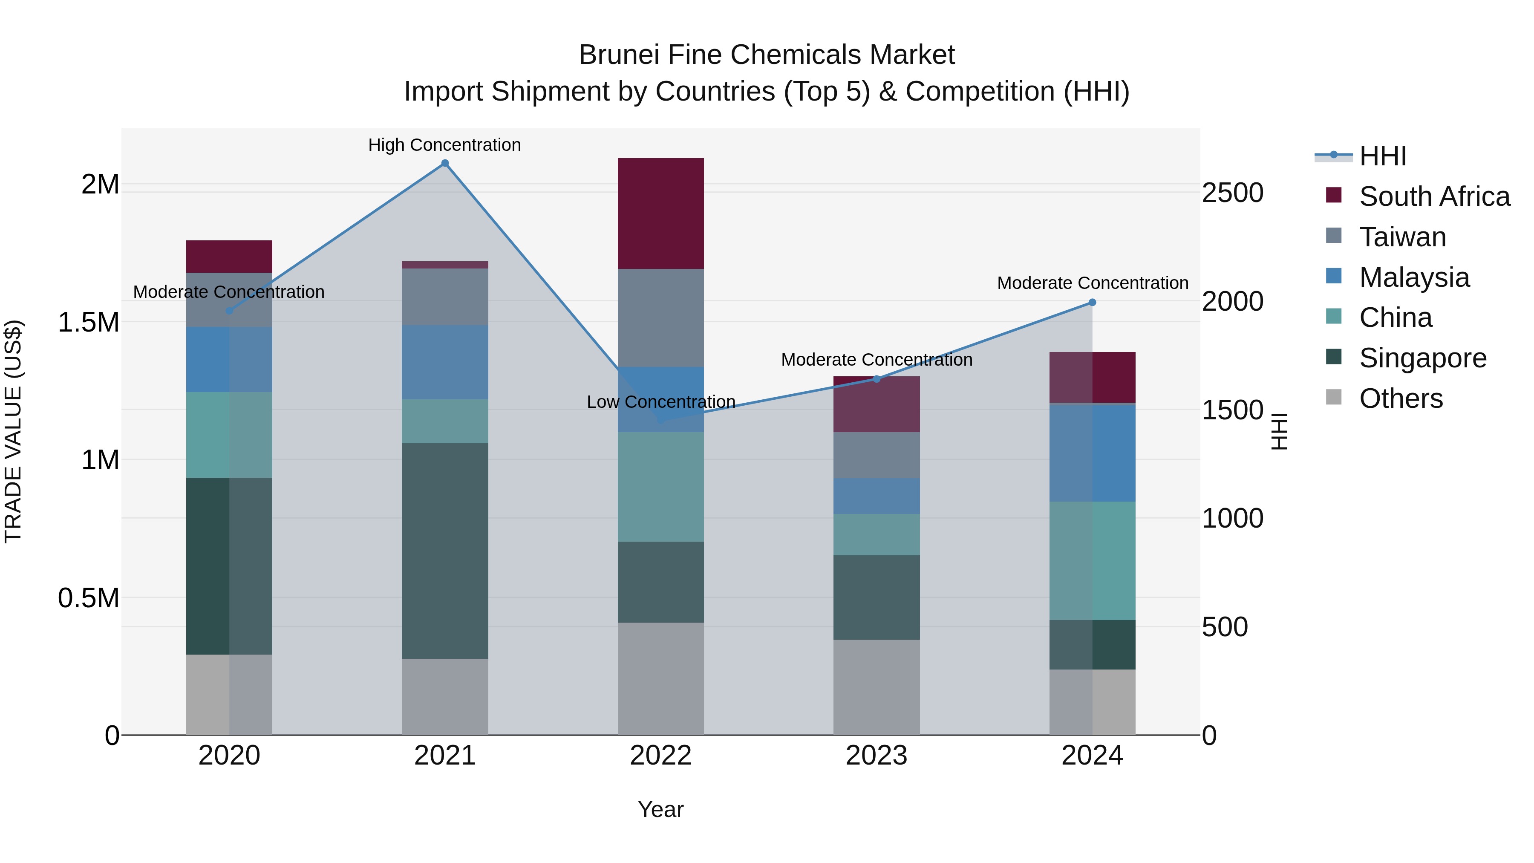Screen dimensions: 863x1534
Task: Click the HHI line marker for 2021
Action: [445, 163]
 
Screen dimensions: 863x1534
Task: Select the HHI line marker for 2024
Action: [1092, 303]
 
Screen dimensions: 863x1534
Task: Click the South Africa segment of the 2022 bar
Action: [660, 213]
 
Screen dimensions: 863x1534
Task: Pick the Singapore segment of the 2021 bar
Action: [445, 551]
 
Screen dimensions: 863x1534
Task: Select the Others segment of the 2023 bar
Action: [876, 687]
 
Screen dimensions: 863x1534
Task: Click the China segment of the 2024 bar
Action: [1092, 560]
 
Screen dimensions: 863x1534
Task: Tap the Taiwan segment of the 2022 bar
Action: [660, 318]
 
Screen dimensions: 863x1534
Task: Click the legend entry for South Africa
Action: [1434, 196]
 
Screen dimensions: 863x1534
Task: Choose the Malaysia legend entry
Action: [1414, 277]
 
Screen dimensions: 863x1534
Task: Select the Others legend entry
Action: [1401, 398]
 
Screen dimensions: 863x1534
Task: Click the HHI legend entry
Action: [1382, 156]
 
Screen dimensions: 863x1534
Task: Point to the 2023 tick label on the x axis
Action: [876, 756]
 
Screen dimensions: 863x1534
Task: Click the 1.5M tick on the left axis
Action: [89, 322]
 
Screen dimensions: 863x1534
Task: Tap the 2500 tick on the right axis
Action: [1232, 193]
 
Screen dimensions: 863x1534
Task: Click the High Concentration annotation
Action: [444, 145]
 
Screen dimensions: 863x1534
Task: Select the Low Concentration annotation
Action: [661, 402]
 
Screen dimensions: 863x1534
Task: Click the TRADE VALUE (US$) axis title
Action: [13, 431]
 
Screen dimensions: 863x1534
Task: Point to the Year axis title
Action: [660, 809]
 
